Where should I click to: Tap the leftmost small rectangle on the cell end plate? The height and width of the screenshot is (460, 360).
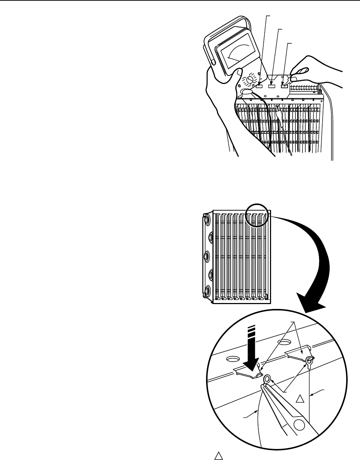point(260,86)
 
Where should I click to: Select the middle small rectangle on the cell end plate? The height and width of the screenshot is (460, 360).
point(272,86)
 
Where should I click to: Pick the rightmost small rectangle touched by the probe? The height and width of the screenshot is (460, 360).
point(284,86)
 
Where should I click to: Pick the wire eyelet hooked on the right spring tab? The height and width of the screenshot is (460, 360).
point(310,360)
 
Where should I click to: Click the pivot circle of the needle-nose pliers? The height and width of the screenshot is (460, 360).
point(299,423)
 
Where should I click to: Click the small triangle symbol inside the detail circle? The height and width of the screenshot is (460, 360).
point(299,399)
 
